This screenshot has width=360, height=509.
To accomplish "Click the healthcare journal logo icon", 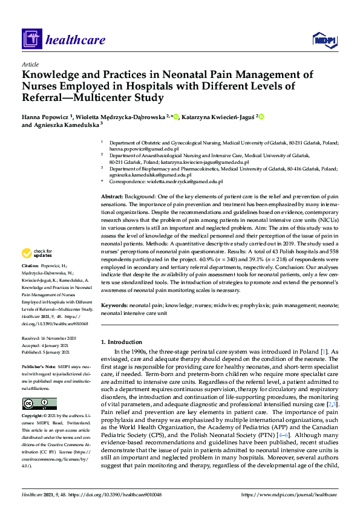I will (x=31, y=41).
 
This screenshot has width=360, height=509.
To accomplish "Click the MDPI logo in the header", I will (x=324, y=41).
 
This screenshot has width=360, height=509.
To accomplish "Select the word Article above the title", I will (x=30, y=64).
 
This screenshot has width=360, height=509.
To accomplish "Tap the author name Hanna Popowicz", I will (x=46, y=116).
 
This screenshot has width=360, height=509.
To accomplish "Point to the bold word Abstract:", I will (x=112, y=197).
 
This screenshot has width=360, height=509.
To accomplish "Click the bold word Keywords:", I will (x=114, y=306).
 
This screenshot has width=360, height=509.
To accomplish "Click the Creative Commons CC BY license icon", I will (x=39, y=404).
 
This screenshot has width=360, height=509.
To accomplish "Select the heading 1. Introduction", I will (x=123, y=342).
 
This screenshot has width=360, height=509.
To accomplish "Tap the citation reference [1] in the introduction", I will (x=324, y=352).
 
